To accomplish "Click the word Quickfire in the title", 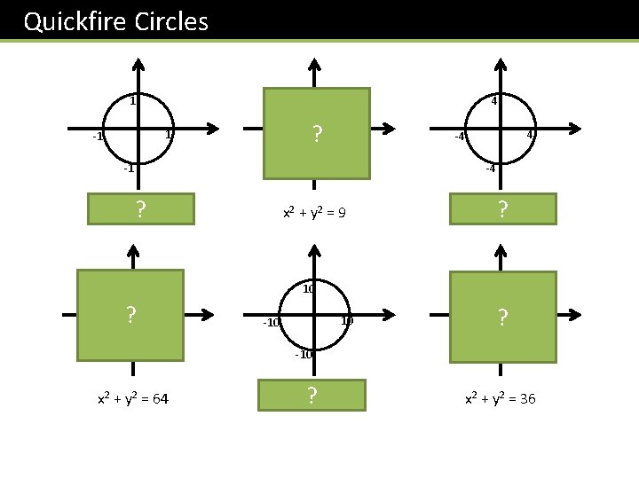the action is tap(75, 21).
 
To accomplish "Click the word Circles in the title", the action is tap(172, 21).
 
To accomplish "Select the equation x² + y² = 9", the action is tap(314, 213).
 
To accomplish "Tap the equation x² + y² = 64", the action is tap(134, 399).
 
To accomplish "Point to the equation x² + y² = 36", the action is tap(501, 399).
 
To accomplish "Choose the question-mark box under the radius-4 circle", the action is tap(502, 209).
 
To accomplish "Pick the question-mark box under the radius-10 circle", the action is tap(312, 395).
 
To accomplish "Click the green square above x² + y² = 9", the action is tap(316, 134).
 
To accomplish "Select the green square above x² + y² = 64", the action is tap(130, 315).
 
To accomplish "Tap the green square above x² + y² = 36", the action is tap(502, 317).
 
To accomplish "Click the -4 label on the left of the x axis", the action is tap(461, 137).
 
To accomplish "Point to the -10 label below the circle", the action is tap(304, 355).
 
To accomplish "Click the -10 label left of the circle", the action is tap(272, 323).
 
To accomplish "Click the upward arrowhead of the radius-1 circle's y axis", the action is tap(137, 65).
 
